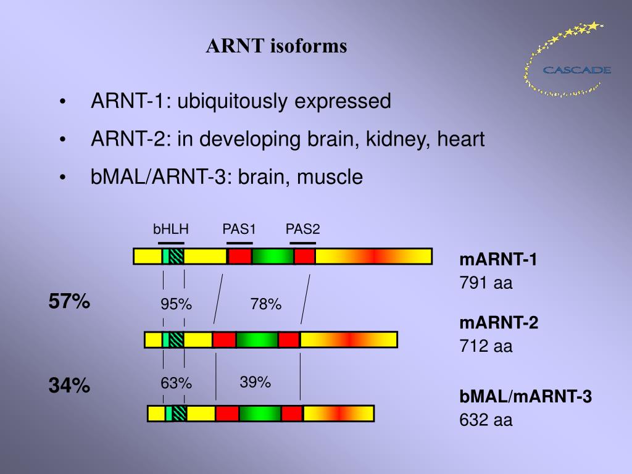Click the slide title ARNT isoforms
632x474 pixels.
(276, 46)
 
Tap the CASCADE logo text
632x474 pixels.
(577, 70)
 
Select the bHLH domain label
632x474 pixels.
(171, 230)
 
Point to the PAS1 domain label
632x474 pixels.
(239, 230)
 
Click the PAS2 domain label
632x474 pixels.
(302, 230)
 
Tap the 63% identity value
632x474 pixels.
(177, 383)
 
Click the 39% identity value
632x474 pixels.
(256, 382)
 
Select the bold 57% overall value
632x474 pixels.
(70, 302)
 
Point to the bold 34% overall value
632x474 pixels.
(70, 386)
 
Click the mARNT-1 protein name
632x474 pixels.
(498, 260)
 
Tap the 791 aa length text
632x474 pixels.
(486, 283)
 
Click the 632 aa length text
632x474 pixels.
(486, 420)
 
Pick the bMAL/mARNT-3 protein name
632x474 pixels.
(525, 397)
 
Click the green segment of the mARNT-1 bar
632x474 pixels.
(272, 256)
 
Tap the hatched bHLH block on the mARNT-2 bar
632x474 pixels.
(177, 339)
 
